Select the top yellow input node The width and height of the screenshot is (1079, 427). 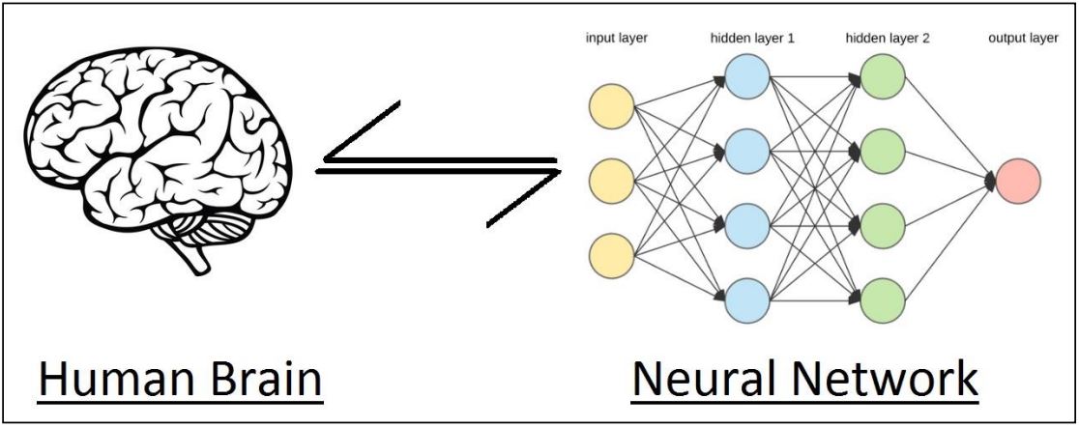(611, 105)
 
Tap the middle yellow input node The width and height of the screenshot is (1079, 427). (611, 181)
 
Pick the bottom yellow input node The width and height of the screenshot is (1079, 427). (611, 256)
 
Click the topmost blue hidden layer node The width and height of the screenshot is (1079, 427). (746, 76)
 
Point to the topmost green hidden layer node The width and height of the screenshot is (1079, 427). (882, 76)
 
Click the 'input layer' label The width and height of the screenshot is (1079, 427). (617, 40)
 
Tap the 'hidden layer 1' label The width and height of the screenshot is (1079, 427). (753, 40)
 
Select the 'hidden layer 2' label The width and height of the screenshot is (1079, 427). (889, 40)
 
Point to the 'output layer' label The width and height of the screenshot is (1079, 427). (1023, 40)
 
